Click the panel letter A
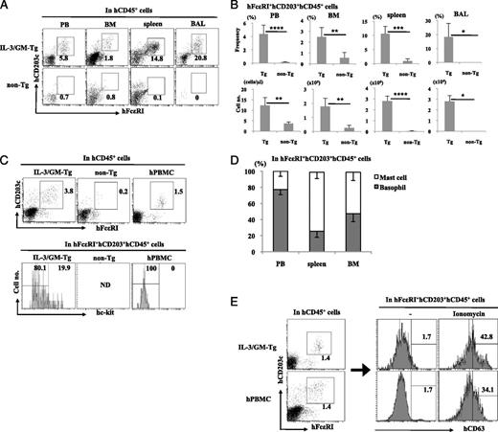7,8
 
